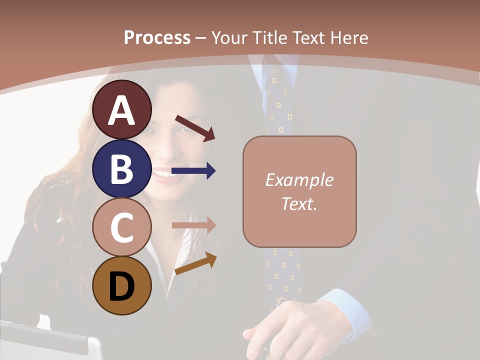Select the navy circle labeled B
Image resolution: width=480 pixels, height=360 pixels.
click(122, 168)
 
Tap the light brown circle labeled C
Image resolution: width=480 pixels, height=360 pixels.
click(122, 227)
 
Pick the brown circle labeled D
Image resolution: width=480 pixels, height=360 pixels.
click(122, 285)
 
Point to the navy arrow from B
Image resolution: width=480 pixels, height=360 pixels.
click(193, 171)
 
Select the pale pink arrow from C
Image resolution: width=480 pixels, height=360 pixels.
click(193, 225)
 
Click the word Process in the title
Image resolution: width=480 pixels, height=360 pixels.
click(157, 37)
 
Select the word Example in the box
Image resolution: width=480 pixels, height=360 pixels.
click(299, 180)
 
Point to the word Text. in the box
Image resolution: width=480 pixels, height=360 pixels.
click(299, 203)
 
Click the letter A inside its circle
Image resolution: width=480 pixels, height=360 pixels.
click(122, 110)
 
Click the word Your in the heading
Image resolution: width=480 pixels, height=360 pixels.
click(231, 37)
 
